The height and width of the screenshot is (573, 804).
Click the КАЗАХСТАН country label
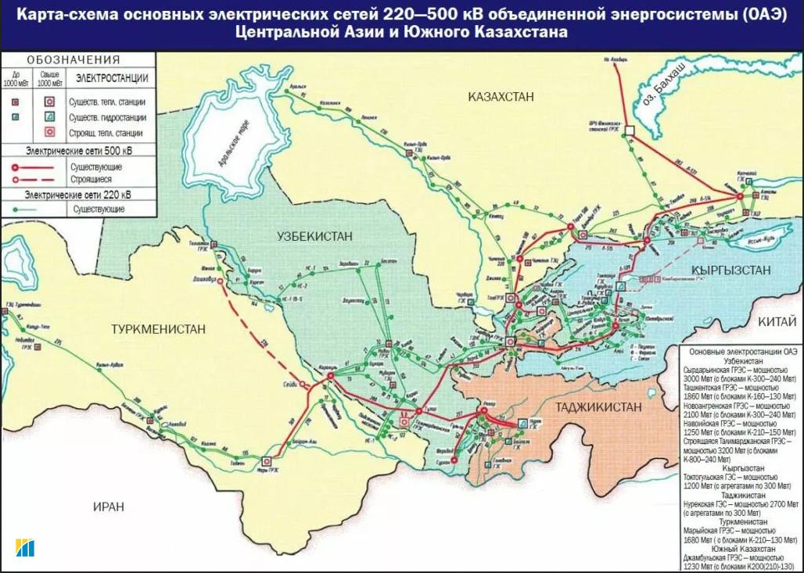point(501,97)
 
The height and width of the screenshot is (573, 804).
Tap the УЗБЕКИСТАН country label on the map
point(314,236)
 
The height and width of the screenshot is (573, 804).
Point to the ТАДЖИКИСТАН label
point(598,407)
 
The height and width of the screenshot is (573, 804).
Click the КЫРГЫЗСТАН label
point(730,270)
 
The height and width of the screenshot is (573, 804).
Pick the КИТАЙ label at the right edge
point(776,322)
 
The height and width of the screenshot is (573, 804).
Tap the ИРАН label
point(108,507)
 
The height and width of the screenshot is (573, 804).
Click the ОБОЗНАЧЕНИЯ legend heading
point(73,60)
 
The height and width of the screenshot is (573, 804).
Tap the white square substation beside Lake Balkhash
point(629,130)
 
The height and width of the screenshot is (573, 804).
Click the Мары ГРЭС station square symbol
point(267,462)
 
